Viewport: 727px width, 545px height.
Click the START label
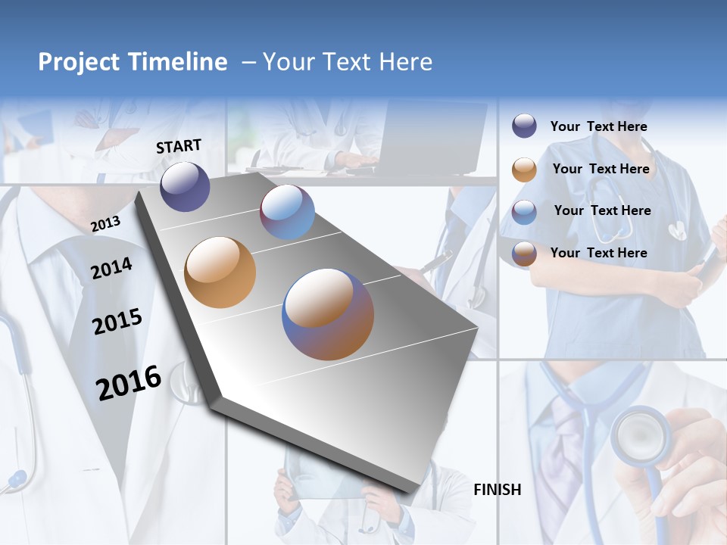pyautogui.click(x=179, y=146)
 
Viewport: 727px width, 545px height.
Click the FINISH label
pyautogui.click(x=497, y=490)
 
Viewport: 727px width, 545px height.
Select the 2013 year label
pyautogui.click(x=105, y=223)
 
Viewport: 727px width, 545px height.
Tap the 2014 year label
pyautogui.click(x=111, y=268)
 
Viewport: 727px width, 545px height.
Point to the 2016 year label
pyautogui.click(x=129, y=383)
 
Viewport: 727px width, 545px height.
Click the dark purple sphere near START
pyautogui.click(x=185, y=186)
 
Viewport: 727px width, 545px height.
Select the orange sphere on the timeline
pyautogui.click(x=220, y=272)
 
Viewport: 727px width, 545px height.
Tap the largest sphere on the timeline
pyautogui.click(x=328, y=314)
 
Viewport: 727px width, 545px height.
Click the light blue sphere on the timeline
pyautogui.click(x=287, y=212)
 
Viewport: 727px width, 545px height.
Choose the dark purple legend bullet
pyautogui.click(x=524, y=126)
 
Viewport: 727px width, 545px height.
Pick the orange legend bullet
pyautogui.click(x=524, y=170)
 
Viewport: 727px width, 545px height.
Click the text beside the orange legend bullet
pyautogui.click(x=601, y=169)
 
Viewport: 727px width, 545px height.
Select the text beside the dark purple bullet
pyautogui.click(x=598, y=126)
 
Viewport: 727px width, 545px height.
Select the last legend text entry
pyautogui.click(x=598, y=253)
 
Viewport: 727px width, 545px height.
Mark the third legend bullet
pyautogui.click(x=524, y=212)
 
